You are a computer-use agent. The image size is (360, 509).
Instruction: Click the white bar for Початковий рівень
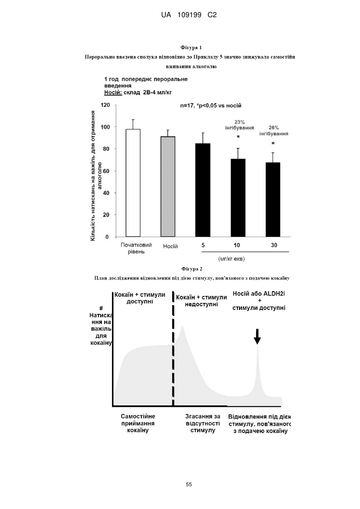tap(133, 183)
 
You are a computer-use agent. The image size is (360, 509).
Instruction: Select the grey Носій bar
tap(168, 187)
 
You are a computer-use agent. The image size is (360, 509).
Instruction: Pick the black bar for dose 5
tap(203, 190)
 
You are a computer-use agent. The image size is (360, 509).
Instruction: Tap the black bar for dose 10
tap(238, 198)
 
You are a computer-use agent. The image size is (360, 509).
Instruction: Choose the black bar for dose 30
tap(273, 200)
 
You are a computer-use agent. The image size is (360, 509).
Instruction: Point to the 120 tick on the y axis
tap(105, 105)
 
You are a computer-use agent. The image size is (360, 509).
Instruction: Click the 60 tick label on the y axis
tap(106, 171)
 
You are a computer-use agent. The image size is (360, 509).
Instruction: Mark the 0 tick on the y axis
tap(107, 237)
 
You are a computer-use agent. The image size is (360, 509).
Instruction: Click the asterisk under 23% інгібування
tap(238, 137)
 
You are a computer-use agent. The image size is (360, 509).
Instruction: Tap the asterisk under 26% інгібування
tap(273, 144)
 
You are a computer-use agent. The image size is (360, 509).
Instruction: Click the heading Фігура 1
tap(191, 48)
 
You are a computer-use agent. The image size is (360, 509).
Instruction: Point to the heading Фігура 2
tap(192, 269)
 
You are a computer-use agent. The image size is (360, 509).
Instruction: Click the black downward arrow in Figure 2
tap(257, 336)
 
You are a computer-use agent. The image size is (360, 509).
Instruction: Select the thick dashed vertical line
tap(173, 349)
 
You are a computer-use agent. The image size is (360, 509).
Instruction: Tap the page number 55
tap(189, 485)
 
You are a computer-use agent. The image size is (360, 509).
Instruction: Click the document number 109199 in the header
tap(189, 15)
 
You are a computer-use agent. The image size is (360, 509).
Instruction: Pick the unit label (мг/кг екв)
tap(231, 259)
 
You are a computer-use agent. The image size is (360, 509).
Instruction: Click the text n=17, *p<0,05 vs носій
tap(211, 106)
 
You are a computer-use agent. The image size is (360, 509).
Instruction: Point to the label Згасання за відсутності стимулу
tap(203, 423)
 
